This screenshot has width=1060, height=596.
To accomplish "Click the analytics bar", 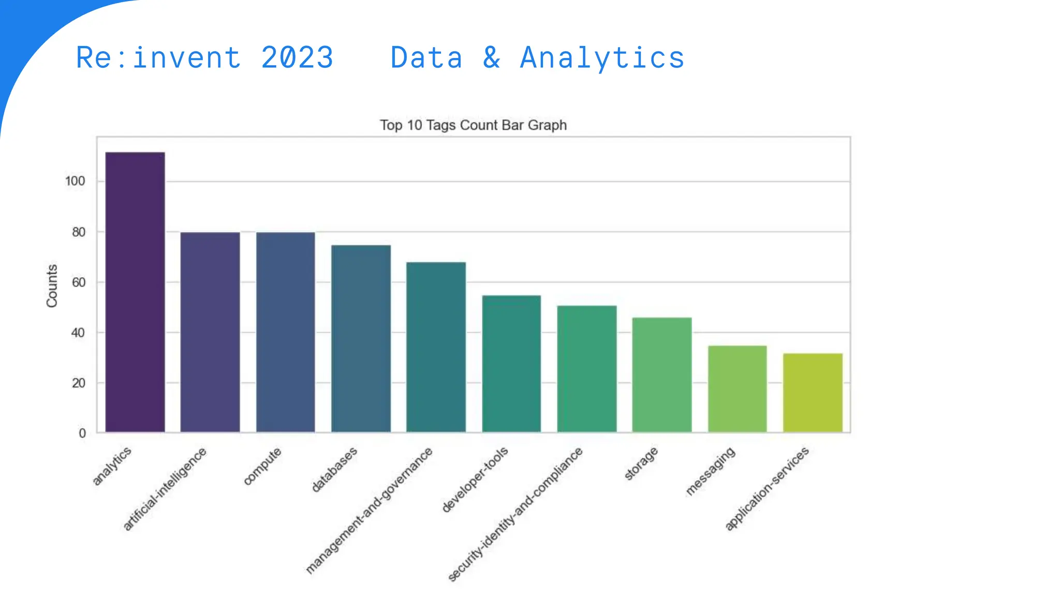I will point(135,292).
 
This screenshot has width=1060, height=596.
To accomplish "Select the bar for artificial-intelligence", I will point(210,332).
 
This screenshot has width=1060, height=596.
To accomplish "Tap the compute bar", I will point(285,332).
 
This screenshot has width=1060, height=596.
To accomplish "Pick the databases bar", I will point(361,338).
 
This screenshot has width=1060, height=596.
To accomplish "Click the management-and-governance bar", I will point(436,347).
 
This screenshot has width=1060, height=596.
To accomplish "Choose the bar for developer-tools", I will point(511,364).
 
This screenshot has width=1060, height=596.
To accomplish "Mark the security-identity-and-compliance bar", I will point(586,369).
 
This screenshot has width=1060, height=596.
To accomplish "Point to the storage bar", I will point(661,375).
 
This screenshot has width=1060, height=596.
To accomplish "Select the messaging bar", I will point(737,389).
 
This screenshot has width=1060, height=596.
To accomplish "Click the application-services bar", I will point(813,393).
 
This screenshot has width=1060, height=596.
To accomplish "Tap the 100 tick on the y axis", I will point(75,181).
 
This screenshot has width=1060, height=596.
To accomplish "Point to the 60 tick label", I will point(79,282).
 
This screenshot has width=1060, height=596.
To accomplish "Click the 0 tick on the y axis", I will point(82,434).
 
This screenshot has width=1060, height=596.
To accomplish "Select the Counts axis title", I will point(52,286).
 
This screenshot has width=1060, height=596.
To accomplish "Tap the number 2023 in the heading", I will point(297,57).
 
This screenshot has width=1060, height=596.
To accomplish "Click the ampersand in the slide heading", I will point(492,57).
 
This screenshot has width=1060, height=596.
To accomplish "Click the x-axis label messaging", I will point(710,471).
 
